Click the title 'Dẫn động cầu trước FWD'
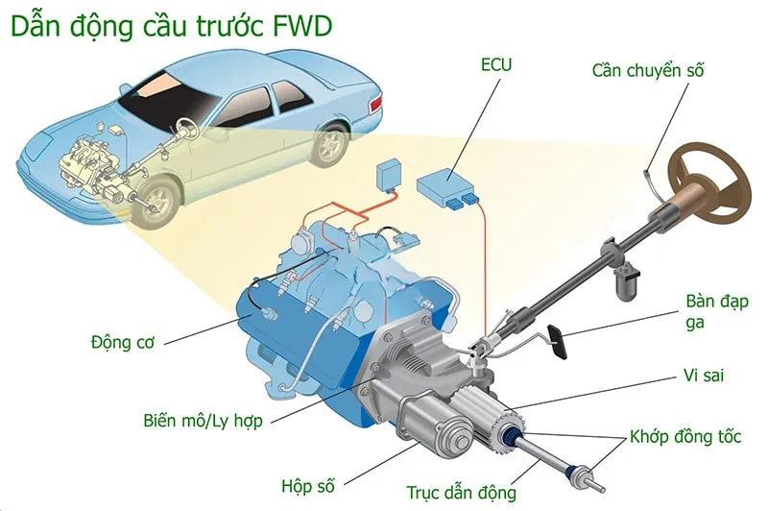tap(172, 26)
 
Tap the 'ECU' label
tap(496, 66)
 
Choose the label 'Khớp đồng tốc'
tap(685, 437)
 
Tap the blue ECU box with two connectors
tap(447, 185)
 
